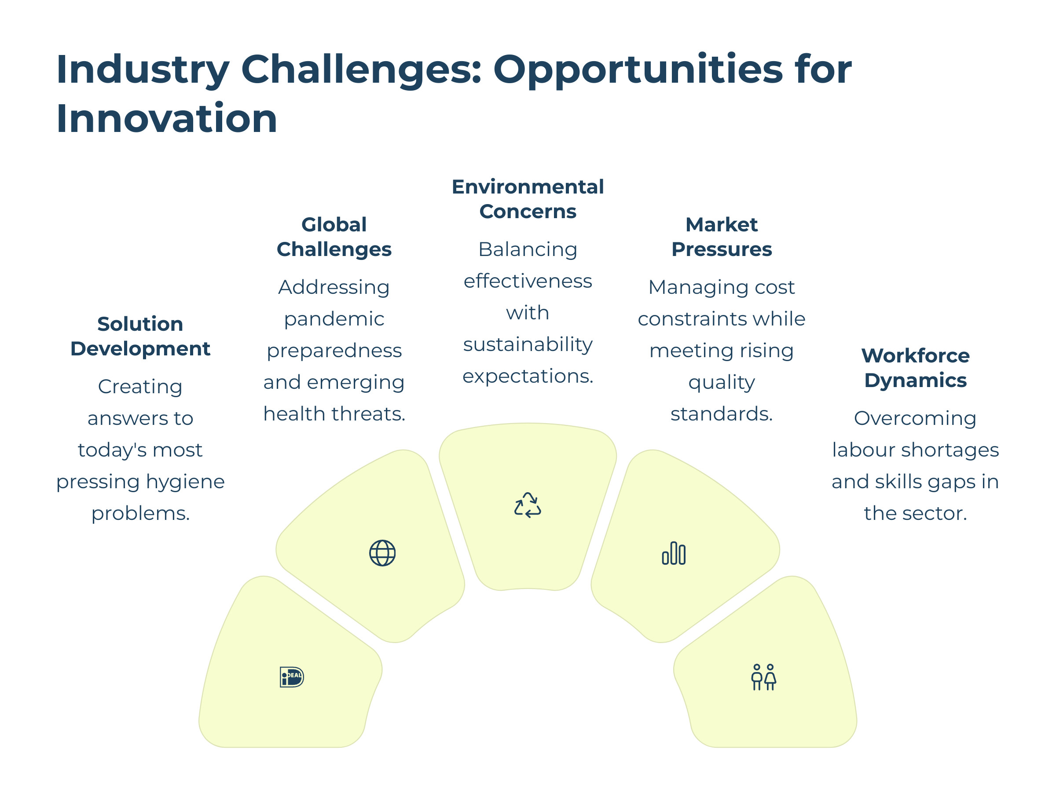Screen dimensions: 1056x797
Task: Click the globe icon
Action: tap(382, 553)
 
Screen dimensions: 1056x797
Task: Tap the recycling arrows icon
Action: tap(528, 505)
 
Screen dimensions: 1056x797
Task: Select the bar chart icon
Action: tap(674, 553)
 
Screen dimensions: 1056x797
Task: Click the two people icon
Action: tap(763, 677)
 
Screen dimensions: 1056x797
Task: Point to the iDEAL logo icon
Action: tap(292, 677)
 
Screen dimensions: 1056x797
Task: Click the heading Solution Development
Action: tap(140, 336)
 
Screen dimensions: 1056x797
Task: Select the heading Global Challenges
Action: tap(334, 237)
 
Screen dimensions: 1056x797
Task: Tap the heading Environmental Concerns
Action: tap(528, 199)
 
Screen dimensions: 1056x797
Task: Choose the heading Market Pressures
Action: tap(722, 237)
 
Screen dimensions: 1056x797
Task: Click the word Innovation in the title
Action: tap(167, 118)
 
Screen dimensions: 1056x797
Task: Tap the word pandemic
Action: tap(334, 319)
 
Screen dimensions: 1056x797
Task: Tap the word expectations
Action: tap(528, 377)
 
